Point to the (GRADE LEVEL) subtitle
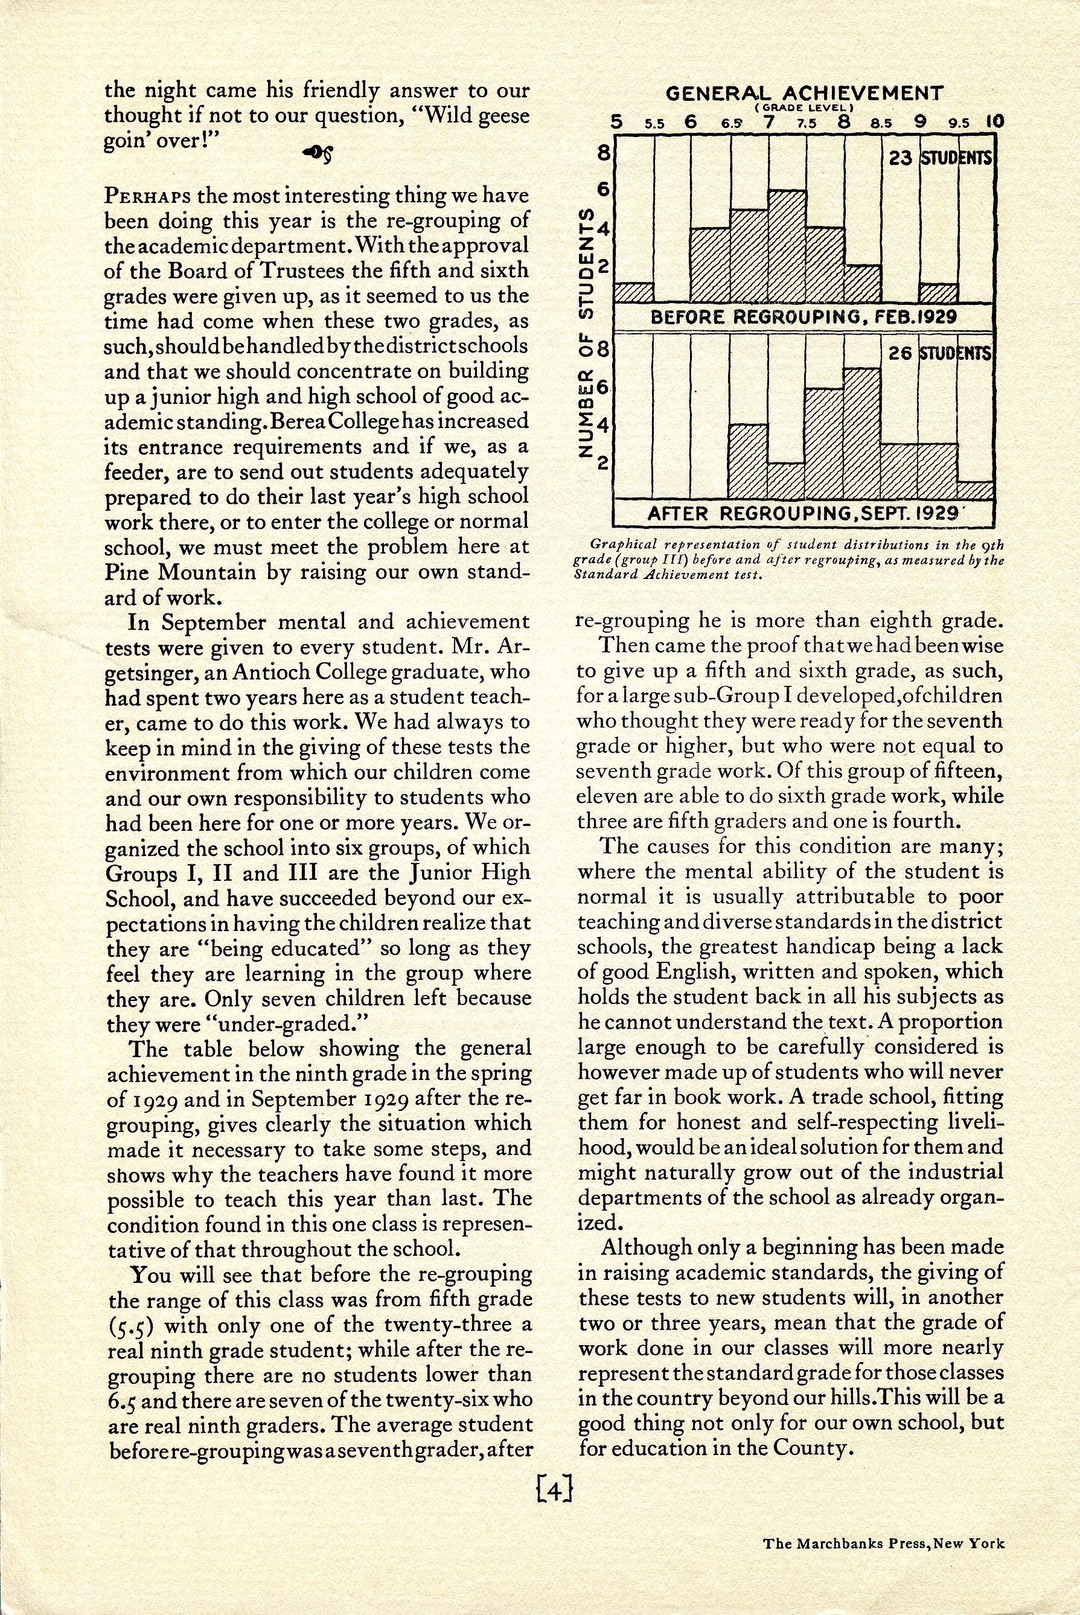(804, 108)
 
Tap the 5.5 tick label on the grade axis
(654, 124)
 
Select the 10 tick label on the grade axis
(995, 123)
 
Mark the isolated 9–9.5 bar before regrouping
(938, 293)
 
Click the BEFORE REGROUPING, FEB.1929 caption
(804, 318)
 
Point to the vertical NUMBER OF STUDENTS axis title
(586, 332)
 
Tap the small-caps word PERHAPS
(148, 196)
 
